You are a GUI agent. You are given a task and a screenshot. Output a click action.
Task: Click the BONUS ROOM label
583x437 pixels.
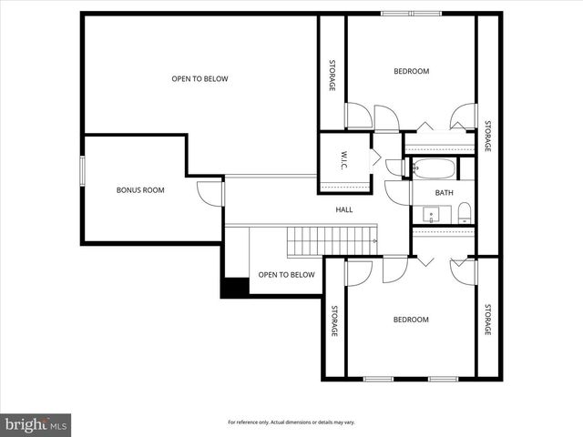tap(140, 189)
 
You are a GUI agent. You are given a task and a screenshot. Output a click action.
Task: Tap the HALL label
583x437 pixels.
tap(344, 209)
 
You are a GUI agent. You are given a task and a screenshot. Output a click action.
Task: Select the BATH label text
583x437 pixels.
tap(444, 192)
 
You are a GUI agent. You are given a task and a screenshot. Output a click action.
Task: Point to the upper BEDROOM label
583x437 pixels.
tap(411, 71)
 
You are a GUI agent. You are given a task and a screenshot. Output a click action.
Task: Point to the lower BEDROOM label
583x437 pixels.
tap(411, 320)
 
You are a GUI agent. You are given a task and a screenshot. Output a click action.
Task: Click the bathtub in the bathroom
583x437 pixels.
tap(434, 168)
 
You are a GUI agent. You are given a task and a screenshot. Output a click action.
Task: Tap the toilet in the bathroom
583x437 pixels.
tap(464, 214)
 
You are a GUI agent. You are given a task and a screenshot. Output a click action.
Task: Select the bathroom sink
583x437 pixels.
tap(432, 216)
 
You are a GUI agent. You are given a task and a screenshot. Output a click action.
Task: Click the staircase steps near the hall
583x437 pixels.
tap(332, 242)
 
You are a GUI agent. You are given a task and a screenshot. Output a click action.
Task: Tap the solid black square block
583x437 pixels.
tap(235, 287)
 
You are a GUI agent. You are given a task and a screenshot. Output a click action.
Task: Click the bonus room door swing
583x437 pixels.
tap(210, 192)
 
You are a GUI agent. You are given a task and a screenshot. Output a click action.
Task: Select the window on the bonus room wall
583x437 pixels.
tap(82, 170)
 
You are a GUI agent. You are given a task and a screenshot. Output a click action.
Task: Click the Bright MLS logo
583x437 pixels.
tap(36, 424)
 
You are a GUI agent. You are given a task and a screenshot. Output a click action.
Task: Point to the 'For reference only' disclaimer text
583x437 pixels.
tap(291, 422)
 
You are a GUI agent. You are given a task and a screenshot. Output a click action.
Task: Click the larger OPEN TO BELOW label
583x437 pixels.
tap(199, 78)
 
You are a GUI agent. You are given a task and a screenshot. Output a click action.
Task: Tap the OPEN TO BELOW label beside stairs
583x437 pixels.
tap(286, 275)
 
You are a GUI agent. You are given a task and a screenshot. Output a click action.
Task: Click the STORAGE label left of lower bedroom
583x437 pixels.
tap(334, 320)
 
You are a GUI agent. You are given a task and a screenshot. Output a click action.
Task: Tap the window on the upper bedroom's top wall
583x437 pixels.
tap(411, 13)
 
